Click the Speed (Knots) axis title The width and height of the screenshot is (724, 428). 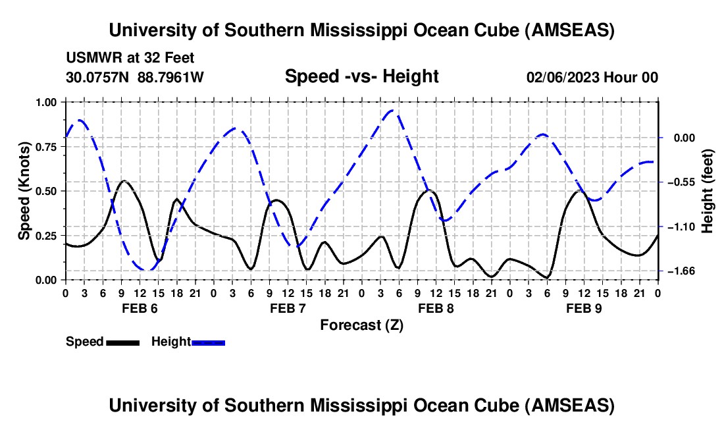click(x=24, y=191)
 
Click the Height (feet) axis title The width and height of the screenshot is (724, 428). click(x=708, y=191)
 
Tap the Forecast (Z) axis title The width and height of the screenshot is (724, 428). click(x=361, y=325)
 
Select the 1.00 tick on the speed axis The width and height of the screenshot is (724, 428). click(x=46, y=102)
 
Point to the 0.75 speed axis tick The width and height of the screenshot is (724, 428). click(x=46, y=147)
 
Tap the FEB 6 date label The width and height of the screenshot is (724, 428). click(x=139, y=308)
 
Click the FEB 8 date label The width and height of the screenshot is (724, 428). click(x=435, y=308)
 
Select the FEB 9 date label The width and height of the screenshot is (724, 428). click(x=583, y=308)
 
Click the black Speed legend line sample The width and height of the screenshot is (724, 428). click(x=122, y=342)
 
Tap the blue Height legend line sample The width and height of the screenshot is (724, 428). click(x=209, y=342)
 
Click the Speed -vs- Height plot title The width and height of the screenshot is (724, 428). click(x=361, y=76)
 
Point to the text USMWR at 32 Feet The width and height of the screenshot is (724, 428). click(x=130, y=59)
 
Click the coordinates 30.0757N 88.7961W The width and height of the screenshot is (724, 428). click(x=135, y=77)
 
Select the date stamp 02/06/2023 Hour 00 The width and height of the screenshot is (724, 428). click(x=592, y=77)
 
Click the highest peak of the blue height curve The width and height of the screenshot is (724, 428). click(x=392, y=111)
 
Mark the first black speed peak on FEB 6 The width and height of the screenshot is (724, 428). click(x=124, y=181)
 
